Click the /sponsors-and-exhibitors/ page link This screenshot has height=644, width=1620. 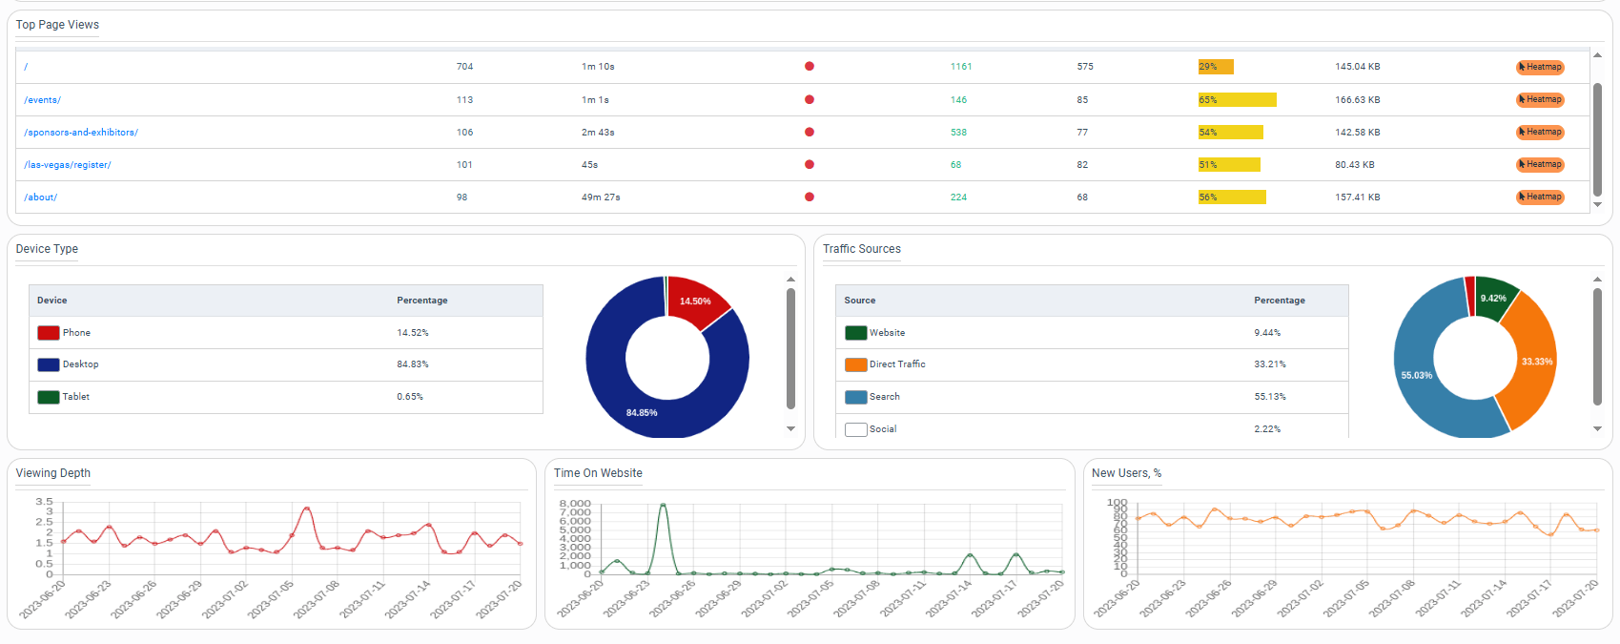81,133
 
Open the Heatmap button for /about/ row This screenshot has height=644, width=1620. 1540,197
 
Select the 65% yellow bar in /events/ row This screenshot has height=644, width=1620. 1237,100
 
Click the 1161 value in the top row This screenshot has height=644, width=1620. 961,67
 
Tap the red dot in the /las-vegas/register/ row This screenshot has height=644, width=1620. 810,165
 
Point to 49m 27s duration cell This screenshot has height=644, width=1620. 601,197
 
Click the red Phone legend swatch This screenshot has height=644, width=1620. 49,333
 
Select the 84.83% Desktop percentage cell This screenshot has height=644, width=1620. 413,364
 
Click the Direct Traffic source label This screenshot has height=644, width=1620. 897,364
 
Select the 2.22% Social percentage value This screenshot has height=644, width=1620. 1267,429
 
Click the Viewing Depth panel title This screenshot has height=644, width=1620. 53,473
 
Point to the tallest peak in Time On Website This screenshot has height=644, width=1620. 663,506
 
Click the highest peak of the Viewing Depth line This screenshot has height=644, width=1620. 306,509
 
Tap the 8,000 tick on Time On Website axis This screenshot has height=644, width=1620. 575,504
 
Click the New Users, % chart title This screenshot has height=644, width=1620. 1126,473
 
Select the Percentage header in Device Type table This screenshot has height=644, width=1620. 422,301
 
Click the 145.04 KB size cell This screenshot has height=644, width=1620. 1357,67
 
